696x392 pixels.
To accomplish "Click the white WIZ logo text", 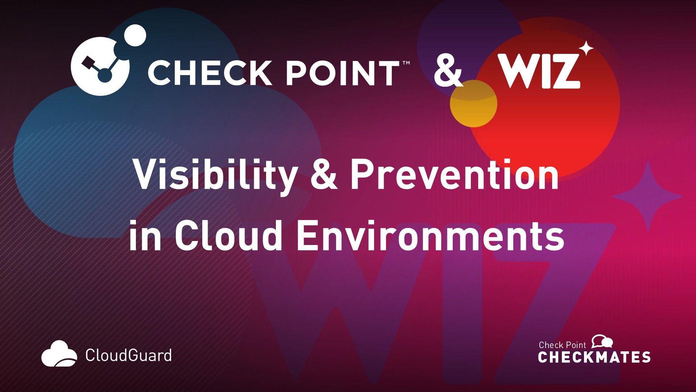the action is pos(539,71).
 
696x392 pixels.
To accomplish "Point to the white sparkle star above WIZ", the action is pos(585,49).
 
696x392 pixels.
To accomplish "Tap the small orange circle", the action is pos(473,103).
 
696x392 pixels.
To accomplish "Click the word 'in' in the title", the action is pos(145,235).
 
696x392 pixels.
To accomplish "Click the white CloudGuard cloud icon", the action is pos(59,354).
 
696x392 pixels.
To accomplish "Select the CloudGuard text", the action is pos(128,355).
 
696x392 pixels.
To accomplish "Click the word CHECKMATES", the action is pos(594,357).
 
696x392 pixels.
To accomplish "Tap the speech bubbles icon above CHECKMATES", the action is pos(602,342).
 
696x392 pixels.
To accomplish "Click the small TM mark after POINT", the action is pos(406,63).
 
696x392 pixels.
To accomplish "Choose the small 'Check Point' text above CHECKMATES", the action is pos(562,345).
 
